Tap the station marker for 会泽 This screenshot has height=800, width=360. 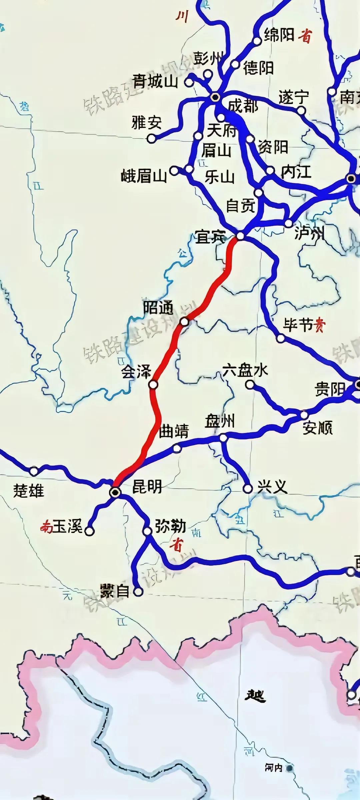(x=153, y=385)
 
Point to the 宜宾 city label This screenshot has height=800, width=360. (x=211, y=237)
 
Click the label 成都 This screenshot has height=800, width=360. (x=243, y=106)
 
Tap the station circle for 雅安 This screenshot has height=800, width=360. (x=152, y=138)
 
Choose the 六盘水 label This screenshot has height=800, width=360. (x=245, y=370)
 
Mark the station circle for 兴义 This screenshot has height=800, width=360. (x=248, y=489)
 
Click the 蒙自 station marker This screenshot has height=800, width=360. (x=138, y=592)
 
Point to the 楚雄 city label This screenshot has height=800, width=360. (x=29, y=491)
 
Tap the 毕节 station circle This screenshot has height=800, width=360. (x=281, y=338)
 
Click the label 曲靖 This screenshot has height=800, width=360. (x=174, y=431)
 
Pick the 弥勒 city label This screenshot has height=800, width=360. (x=170, y=526)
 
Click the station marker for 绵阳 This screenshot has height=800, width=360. (x=257, y=41)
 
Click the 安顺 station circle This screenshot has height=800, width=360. (x=304, y=415)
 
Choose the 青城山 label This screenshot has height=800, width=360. (x=155, y=81)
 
